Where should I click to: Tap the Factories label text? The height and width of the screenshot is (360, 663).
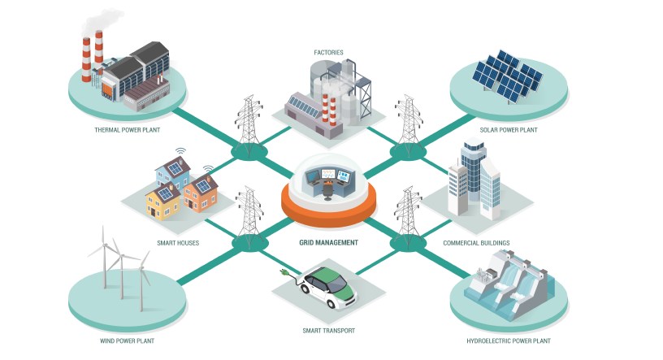328,53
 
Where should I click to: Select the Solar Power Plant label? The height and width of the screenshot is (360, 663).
508,129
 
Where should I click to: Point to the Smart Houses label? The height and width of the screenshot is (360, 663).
178,242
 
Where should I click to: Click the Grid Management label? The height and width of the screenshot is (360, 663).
328,242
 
